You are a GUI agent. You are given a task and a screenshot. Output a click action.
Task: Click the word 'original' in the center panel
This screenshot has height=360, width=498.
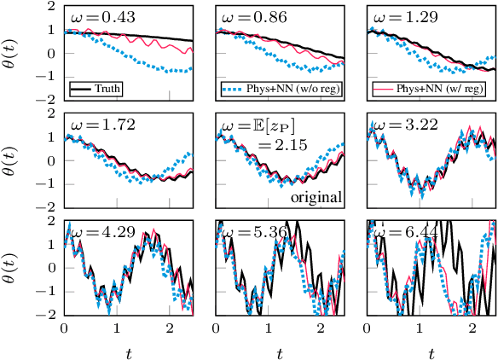click(x=316, y=197)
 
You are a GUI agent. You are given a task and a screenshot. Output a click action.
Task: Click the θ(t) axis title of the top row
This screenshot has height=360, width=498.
click(x=13, y=51)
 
